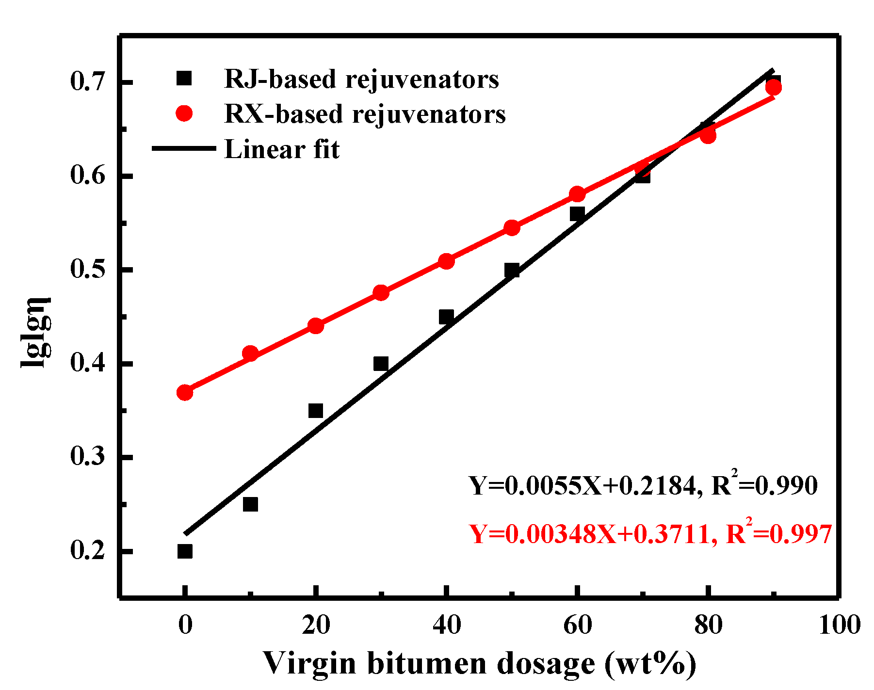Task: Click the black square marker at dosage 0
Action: click(x=185, y=551)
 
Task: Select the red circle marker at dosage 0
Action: click(x=185, y=392)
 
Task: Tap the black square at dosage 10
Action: click(x=250, y=504)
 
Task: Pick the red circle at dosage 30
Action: click(x=381, y=292)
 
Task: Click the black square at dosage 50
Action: click(x=512, y=270)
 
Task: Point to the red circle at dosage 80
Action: click(x=708, y=136)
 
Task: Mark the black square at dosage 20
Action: click(x=316, y=411)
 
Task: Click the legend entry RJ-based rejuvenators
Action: click(x=361, y=79)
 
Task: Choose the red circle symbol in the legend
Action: click(x=184, y=114)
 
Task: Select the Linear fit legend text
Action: click(x=282, y=149)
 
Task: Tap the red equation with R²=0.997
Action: click(x=650, y=534)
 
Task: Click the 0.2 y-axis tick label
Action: click(x=88, y=551)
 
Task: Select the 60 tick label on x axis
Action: click(x=577, y=625)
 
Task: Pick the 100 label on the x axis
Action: click(x=840, y=625)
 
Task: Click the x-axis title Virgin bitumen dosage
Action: click(x=479, y=663)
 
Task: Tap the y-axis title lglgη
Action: click(x=36, y=332)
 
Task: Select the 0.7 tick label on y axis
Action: click(x=88, y=82)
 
